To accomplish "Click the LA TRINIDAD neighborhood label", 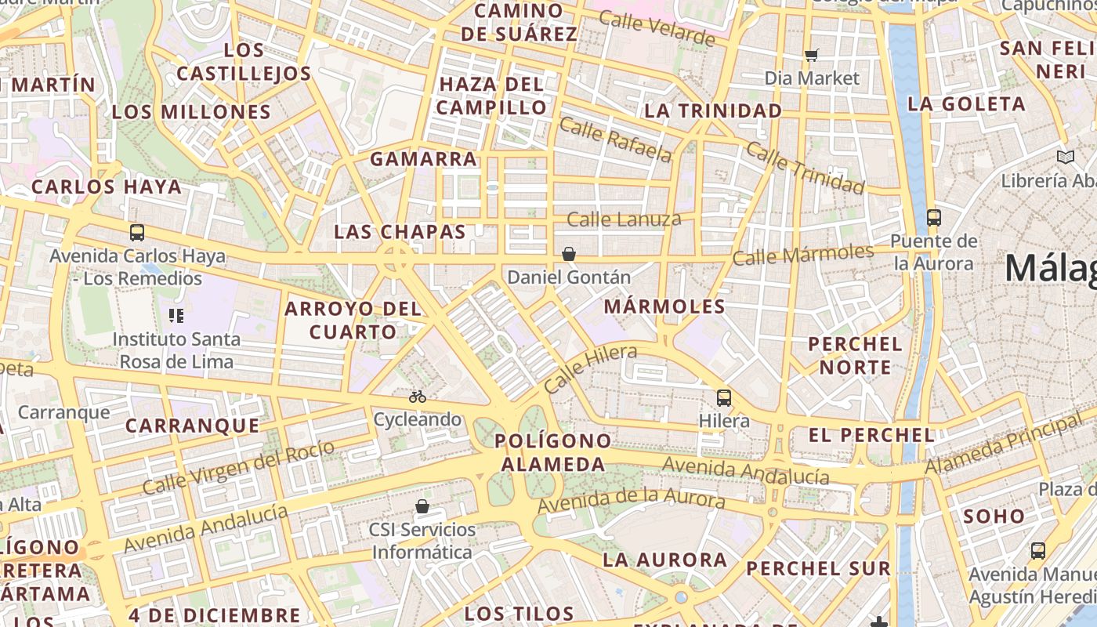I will click(x=712, y=111).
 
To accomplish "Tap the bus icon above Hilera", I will click(x=724, y=398).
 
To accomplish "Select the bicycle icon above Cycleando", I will click(x=418, y=397).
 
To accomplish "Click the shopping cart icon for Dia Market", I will click(x=812, y=55).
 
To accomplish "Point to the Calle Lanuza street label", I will click(x=624, y=219).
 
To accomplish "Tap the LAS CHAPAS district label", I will click(x=400, y=232).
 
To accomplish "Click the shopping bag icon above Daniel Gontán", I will click(x=569, y=254).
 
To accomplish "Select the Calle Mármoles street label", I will click(x=802, y=255).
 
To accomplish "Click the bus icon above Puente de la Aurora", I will click(x=933, y=218).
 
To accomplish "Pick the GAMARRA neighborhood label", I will click(x=423, y=159).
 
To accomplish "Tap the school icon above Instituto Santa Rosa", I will click(x=176, y=316).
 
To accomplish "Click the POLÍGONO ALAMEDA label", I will click(x=553, y=452).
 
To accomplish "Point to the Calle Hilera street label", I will click(x=590, y=369).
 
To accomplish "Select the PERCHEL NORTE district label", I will click(x=855, y=355).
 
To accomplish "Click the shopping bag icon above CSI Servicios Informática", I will click(x=422, y=506).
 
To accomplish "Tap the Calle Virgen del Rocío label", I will click(x=238, y=467).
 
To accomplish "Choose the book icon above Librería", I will click(x=1065, y=158).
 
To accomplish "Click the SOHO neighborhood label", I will click(x=994, y=516).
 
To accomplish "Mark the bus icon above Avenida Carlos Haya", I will click(x=137, y=233).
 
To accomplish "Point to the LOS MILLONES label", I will click(x=191, y=112).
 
